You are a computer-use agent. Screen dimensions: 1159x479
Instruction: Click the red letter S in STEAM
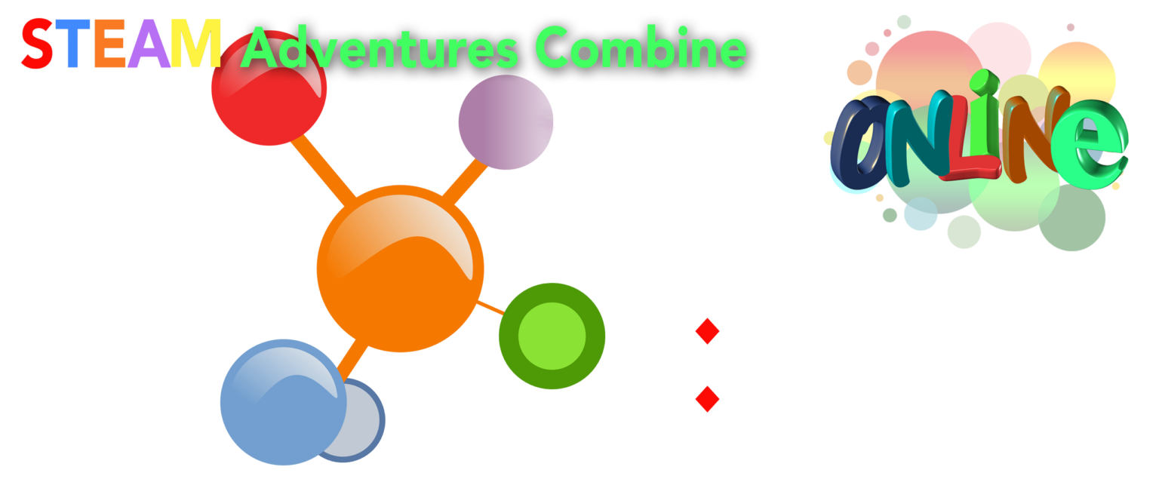(37, 44)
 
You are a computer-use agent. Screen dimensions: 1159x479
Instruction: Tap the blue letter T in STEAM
(72, 44)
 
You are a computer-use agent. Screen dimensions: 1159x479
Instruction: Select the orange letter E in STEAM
(109, 44)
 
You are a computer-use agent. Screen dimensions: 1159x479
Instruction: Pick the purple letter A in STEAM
(149, 44)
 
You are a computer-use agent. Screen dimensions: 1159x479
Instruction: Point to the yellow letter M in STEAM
(196, 44)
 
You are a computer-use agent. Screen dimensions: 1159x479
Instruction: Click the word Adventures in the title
(380, 48)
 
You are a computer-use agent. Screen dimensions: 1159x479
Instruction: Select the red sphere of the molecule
(269, 88)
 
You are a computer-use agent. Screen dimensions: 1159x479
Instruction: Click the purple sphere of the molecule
(506, 122)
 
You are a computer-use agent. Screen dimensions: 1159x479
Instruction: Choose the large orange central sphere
(400, 269)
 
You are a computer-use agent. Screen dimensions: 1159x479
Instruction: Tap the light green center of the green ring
(552, 336)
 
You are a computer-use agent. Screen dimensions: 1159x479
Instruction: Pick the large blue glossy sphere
(284, 403)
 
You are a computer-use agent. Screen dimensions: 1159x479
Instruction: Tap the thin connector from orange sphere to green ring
(490, 308)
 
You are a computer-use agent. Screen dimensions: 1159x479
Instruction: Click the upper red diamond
(707, 331)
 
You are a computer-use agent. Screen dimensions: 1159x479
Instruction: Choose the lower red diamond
(707, 399)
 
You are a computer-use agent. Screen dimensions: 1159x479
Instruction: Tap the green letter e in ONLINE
(1090, 144)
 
